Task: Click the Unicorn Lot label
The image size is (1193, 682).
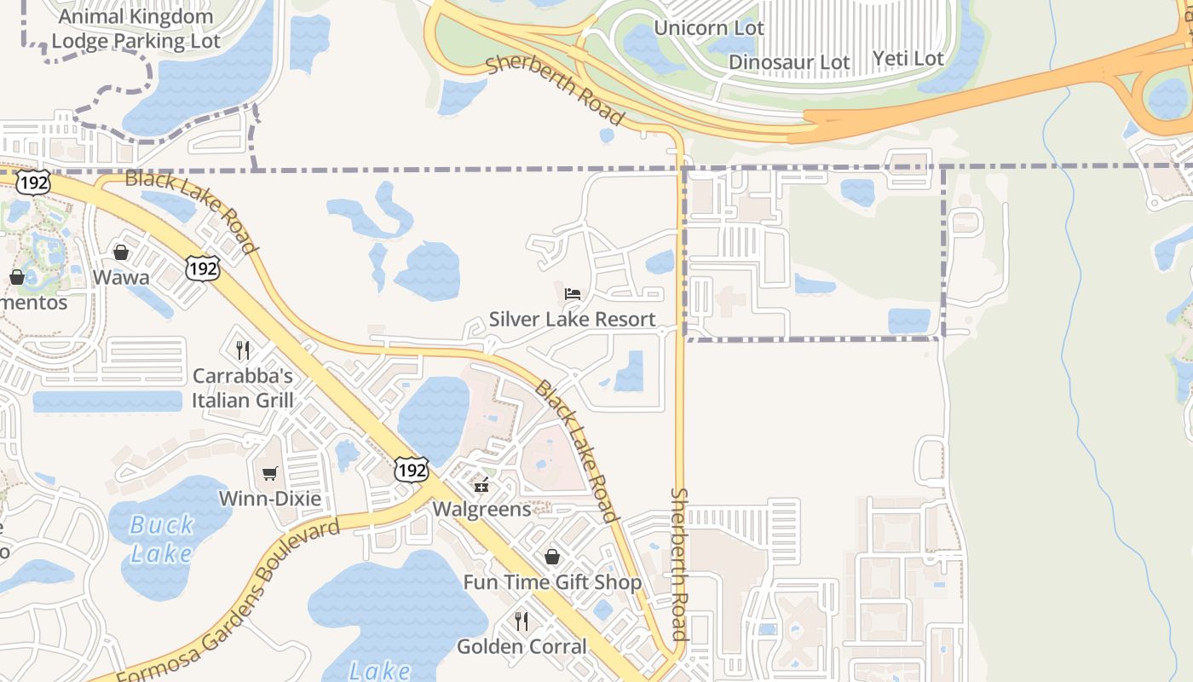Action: (x=709, y=28)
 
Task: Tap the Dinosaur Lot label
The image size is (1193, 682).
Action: (x=789, y=62)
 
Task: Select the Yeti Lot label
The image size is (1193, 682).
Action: (x=908, y=59)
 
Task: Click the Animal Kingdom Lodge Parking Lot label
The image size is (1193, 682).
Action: (x=136, y=28)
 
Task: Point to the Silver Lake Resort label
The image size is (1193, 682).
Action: (x=573, y=320)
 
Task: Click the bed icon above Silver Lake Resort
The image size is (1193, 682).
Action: (x=573, y=294)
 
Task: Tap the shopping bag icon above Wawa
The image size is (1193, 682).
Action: (x=121, y=252)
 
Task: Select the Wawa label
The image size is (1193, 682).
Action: (x=121, y=277)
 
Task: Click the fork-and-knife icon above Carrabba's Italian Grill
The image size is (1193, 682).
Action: (x=243, y=350)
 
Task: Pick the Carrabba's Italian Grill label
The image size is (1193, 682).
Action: (x=243, y=388)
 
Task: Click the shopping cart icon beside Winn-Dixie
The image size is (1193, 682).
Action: (x=270, y=473)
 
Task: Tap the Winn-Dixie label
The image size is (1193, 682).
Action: (x=270, y=498)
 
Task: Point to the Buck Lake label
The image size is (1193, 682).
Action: (x=162, y=539)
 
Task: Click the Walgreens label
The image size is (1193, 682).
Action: (x=481, y=509)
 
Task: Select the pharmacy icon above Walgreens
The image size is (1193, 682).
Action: (x=481, y=486)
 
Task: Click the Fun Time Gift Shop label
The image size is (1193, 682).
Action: (x=552, y=582)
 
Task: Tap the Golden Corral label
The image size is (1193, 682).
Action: (x=522, y=646)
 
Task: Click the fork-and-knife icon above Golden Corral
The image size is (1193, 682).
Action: (x=522, y=621)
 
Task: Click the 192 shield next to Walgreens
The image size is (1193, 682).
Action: (x=411, y=470)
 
